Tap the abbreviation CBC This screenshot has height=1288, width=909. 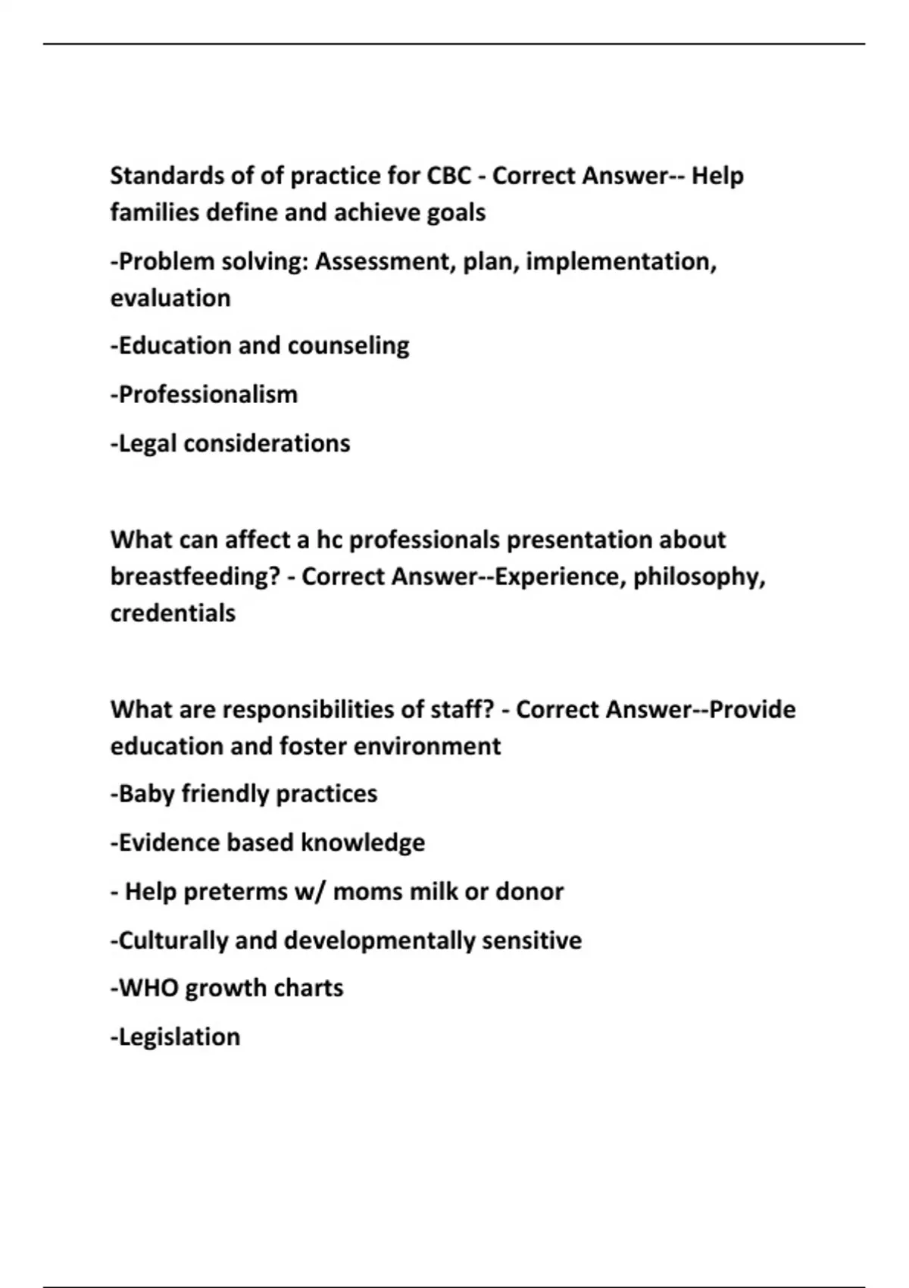449,176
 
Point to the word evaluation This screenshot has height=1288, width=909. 170,298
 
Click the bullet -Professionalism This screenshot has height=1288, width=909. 205,394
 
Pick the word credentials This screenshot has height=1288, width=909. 173,613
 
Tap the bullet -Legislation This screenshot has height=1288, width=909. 176,1036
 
